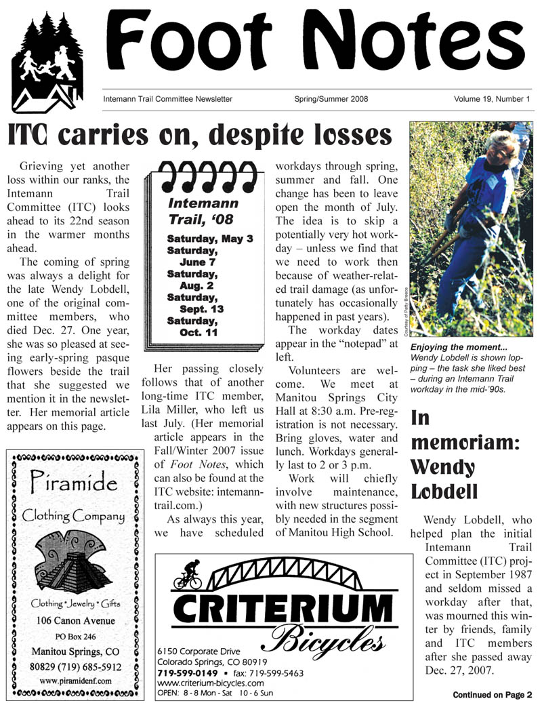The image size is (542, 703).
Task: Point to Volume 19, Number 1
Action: [491, 99]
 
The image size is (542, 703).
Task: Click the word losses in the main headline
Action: [341, 135]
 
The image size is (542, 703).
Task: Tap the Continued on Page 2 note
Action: [493, 694]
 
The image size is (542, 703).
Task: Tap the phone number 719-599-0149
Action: [187, 672]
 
